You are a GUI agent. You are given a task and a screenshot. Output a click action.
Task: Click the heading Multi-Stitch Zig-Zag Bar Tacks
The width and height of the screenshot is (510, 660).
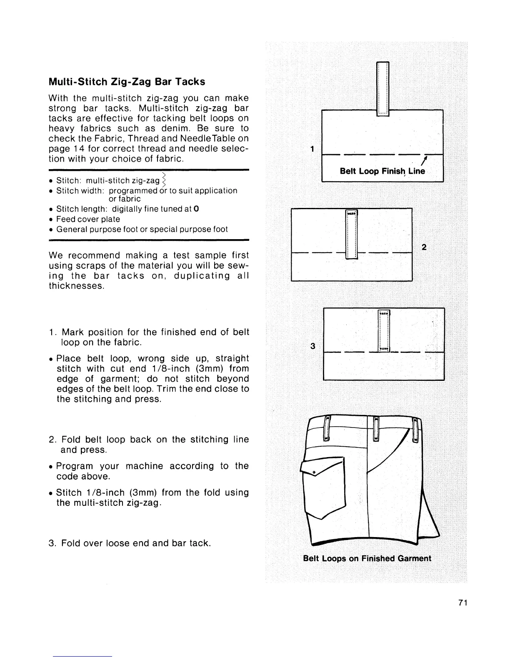click(x=127, y=81)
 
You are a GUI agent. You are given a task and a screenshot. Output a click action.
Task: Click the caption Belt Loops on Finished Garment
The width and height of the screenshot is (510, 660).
click(x=367, y=558)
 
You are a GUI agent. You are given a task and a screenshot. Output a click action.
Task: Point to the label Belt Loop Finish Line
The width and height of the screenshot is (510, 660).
click(x=382, y=171)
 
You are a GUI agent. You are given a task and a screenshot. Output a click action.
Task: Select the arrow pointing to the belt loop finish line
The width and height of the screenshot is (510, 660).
click(x=424, y=160)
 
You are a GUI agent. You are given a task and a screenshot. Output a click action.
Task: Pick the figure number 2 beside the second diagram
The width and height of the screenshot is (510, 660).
click(x=424, y=247)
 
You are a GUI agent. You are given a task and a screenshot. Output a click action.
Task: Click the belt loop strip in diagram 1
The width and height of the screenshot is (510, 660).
click(x=382, y=87)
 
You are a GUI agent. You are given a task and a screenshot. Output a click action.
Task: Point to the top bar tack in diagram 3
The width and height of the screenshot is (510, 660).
click(x=383, y=313)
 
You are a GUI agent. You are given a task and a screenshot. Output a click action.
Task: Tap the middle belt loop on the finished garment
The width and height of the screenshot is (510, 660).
click(x=375, y=429)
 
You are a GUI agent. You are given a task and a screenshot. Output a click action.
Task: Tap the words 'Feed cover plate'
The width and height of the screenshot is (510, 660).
click(x=88, y=219)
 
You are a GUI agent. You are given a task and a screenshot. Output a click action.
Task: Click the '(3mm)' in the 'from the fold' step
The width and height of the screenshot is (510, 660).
click(x=142, y=492)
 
